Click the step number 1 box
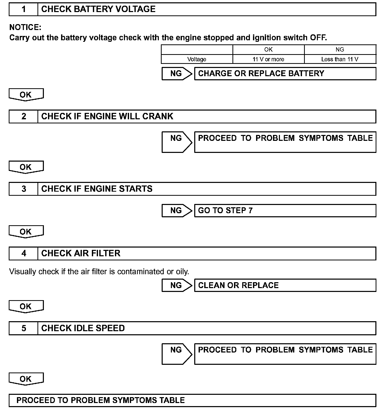[24, 9]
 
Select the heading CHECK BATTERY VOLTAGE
[98, 9]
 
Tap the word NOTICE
[25, 27]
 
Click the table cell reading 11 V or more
[268, 59]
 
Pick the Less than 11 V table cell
[340, 59]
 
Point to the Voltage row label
[197, 59]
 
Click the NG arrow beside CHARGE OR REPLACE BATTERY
[177, 74]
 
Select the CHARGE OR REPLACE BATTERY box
[285, 74]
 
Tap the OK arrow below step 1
[26, 95]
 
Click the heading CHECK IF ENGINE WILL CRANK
[107, 116]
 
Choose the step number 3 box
[24, 189]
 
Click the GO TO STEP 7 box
[285, 211]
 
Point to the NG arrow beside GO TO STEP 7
[177, 211]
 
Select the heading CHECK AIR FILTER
[81, 253]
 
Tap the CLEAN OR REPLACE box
[285, 285]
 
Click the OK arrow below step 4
[26, 306]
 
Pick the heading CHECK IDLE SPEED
[83, 328]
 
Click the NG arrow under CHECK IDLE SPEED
[177, 354]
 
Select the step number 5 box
[24, 328]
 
